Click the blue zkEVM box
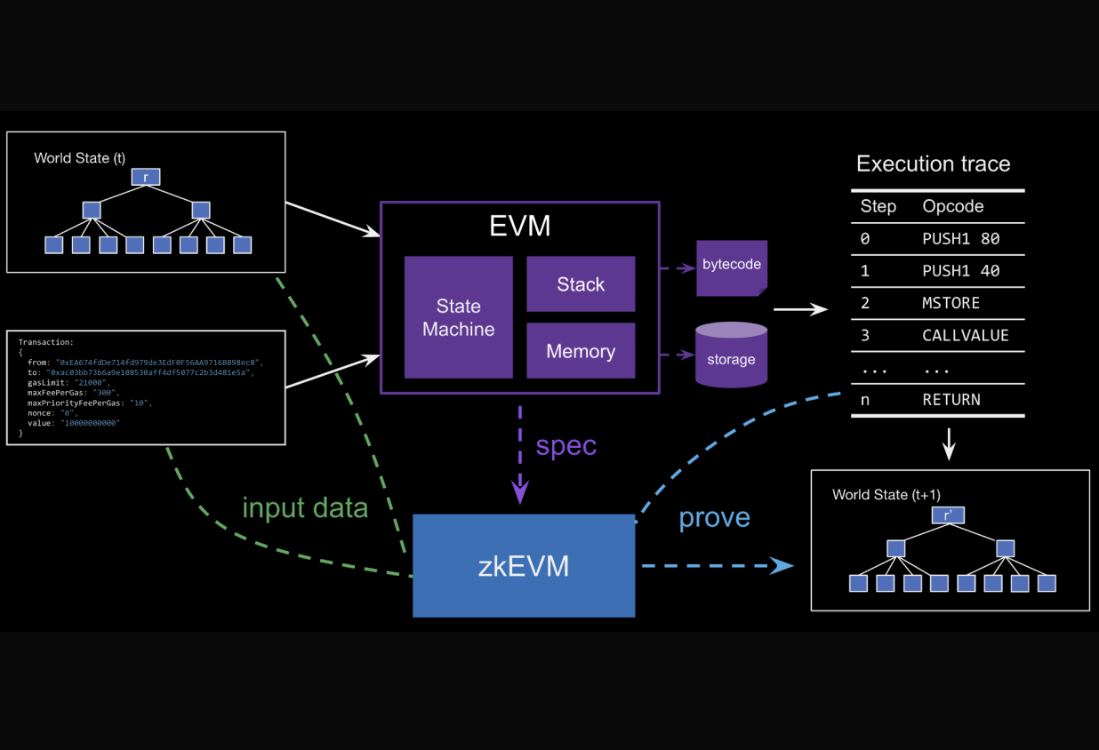tap(523, 565)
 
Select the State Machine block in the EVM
tap(458, 317)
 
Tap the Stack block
tap(581, 284)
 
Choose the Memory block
tap(581, 351)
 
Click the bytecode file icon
tap(731, 267)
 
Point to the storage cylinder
tap(731, 355)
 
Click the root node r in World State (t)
tap(146, 177)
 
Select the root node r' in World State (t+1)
tap(948, 515)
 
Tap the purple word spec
tap(566, 445)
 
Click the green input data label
tap(305, 507)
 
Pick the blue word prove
tap(714, 517)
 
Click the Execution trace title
tap(933, 164)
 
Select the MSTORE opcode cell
tap(951, 303)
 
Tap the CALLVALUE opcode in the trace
tap(965, 335)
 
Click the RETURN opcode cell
tap(951, 400)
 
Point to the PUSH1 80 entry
tap(960, 238)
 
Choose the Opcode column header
tap(952, 206)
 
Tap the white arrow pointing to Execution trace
tap(800, 310)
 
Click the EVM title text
tap(519, 226)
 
